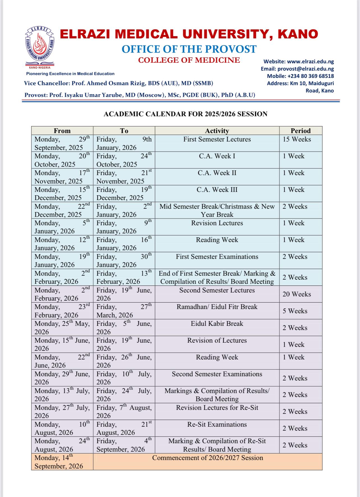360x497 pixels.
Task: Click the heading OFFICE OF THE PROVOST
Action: [x=189, y=49]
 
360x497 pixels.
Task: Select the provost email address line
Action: [x=297, y=69]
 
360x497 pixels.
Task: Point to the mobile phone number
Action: [x=300, y=76]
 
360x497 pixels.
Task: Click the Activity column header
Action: [x=217, y=131]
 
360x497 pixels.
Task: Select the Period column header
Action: [x=301, y=131]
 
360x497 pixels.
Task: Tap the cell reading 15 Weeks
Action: [x=297, y=140]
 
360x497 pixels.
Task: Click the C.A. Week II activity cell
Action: [x=217, y=173]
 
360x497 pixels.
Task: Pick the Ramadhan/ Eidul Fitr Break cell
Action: [x=217, y=307]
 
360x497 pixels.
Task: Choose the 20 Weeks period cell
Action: [x=297, y=294]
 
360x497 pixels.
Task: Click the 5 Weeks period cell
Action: [x=295, y=311]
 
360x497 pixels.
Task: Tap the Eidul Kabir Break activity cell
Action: [x=217, y=324]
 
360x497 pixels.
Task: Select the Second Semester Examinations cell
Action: [x=217, y=374]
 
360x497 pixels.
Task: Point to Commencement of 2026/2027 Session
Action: [x=207, y=458]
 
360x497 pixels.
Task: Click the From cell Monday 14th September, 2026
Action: [x=59, y=462]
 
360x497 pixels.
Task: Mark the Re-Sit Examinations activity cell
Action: [x=217, y=425]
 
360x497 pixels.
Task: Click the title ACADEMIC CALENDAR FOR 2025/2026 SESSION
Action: [x=185, y=114]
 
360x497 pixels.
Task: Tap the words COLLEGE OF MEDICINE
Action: [x=189, y=60]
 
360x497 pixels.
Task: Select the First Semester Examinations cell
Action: [x=217, y=257]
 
